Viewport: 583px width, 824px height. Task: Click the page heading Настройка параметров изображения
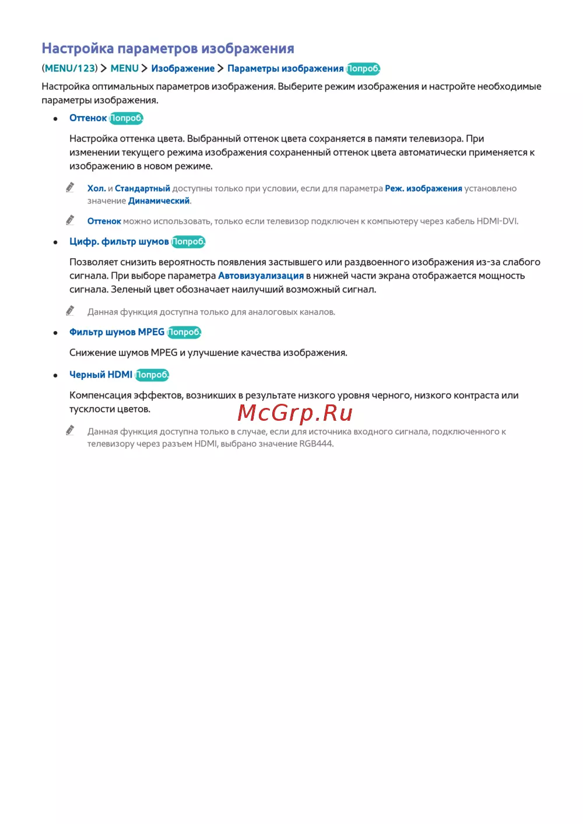[x=168, y=48]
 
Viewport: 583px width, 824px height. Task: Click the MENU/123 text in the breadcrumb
[x=69, y=68]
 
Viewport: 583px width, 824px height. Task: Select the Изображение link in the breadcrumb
[x=182, y=68]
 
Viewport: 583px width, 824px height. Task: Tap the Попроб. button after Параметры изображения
[x=363, y=69]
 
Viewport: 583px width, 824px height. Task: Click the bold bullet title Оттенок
[x=88, y=118]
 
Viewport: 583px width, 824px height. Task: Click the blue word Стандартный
[x=142, y=188]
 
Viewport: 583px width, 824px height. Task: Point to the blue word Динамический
[x=159, y=200]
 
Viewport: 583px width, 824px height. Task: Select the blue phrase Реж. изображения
[x=423, y=188]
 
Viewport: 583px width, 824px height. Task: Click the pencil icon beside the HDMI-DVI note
[x=70, y=220]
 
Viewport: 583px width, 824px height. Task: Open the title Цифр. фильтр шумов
[x=119, y=241]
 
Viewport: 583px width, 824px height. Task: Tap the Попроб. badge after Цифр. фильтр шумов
[x=188, y=241]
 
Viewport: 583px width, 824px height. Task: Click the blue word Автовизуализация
[x=261, y=276]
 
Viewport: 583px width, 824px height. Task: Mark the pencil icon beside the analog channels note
[x=70, y=311]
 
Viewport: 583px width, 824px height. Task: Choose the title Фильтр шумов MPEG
[x=117, y=332]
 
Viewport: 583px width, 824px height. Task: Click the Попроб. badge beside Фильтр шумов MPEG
[x=184, y=332]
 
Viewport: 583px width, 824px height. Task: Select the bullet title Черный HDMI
[x=101, y=375]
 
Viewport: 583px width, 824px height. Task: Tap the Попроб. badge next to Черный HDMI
[x=152, y=375]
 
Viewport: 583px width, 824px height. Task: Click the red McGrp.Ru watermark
[x=295, y=413]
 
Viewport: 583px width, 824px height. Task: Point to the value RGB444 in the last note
[x=316, y=443]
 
